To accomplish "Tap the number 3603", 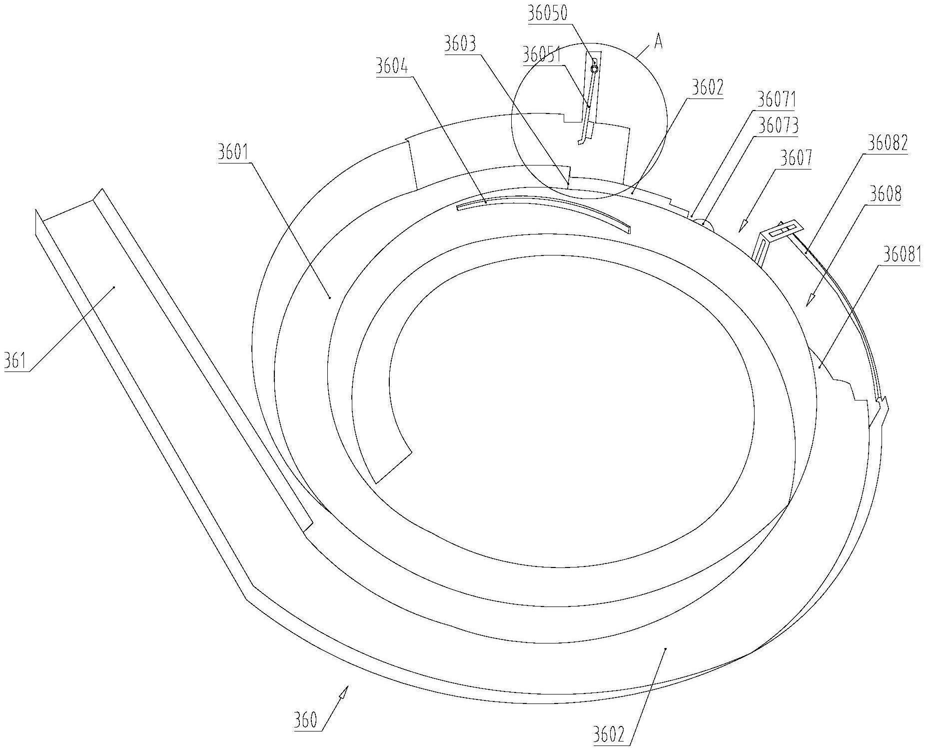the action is click(460, 44).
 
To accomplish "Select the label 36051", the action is click(542, 55).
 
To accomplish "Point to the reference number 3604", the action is click(392, 66).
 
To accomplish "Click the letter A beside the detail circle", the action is click(659, 43).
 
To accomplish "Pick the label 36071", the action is click(776, 99).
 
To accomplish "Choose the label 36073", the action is click(778, 125).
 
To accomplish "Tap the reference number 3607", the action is click(796, 158).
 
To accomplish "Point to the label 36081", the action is click(901, 255).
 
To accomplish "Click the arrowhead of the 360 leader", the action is click(344, 692).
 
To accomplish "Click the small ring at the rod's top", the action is click(594, 67).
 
